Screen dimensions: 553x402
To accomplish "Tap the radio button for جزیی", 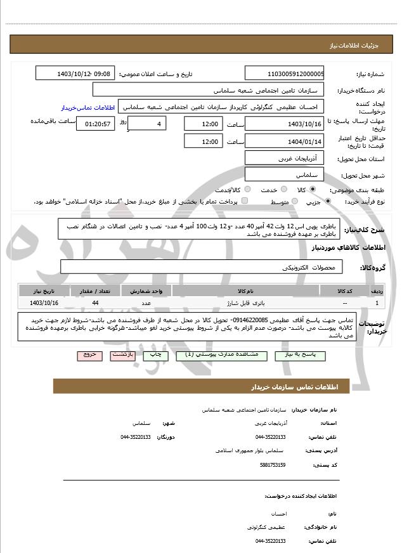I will pyautogui.click(x=328, y=202).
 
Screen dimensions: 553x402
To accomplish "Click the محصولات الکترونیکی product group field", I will pyautogui.click(x=202, y=267).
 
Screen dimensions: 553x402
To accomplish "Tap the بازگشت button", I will pyautogui.click(x=122, y=355).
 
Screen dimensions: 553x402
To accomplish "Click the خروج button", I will pyautogui.click(x=89, y=355).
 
